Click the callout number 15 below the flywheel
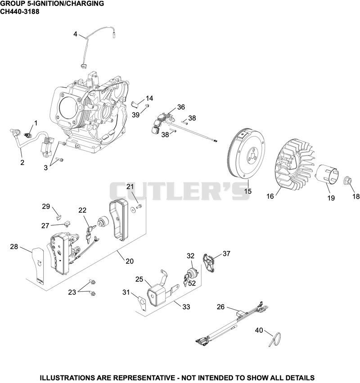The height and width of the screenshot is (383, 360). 248,191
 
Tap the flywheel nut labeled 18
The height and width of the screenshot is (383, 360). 348,181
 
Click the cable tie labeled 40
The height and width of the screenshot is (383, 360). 275,339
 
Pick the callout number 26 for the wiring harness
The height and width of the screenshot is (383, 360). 220,307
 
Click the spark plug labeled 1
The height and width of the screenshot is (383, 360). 27,135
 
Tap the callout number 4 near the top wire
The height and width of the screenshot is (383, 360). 75,34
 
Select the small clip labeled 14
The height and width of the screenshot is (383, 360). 135,104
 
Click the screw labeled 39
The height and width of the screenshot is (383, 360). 147,106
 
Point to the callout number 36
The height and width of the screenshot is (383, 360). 181,107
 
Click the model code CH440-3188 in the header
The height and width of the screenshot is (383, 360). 19,12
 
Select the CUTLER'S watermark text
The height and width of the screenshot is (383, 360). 180,191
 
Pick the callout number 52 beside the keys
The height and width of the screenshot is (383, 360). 192,283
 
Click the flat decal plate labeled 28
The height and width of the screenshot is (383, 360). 38,266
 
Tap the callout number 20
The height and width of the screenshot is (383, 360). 130,261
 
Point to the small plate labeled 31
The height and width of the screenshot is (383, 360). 142,303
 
